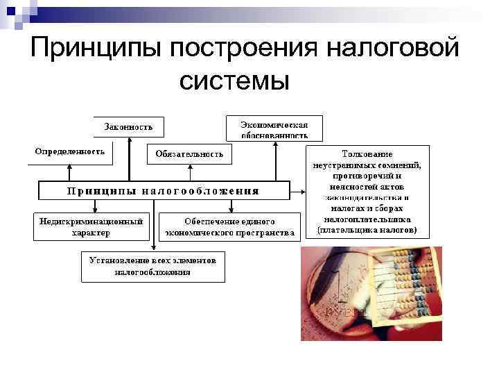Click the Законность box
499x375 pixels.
click(129, 127)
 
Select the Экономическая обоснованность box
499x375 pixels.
click(274, 128)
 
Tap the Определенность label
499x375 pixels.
click(70, 151)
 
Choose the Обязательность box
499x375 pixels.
click(189, 154)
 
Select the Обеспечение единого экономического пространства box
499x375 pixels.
click(229, 227)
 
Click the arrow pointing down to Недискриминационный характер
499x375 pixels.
click(96, 206)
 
